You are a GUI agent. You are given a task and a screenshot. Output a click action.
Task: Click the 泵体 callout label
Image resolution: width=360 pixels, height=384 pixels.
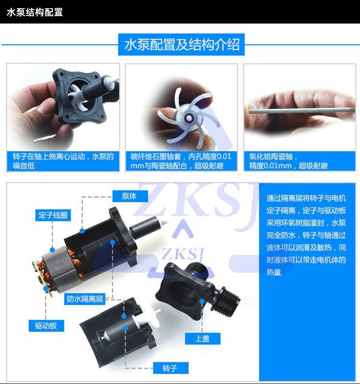(130, 196)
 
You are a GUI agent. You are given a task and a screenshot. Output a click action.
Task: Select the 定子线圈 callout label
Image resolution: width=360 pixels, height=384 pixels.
(53, 215)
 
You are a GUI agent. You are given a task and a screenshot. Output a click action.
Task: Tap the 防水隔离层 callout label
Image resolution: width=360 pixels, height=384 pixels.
(85, 299)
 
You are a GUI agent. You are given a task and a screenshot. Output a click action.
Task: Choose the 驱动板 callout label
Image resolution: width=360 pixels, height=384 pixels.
(46, 326)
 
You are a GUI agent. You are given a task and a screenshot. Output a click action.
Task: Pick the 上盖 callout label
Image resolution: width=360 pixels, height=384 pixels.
(203, 339)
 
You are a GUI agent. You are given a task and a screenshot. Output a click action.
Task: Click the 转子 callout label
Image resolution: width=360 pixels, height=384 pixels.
(171, 368)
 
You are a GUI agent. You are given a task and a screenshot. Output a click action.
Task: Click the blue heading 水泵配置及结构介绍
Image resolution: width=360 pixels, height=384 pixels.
(181, 45)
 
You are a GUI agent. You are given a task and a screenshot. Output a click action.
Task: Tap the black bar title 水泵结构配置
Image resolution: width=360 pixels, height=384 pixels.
(35, 12)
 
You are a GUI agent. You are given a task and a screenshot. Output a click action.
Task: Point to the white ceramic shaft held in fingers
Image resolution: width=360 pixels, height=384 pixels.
(302, 110)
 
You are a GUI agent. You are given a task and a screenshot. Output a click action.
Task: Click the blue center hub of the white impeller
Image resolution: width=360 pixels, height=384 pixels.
(189, 118)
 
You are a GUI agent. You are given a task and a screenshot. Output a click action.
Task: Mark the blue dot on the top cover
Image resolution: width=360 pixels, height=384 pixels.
(202, 301)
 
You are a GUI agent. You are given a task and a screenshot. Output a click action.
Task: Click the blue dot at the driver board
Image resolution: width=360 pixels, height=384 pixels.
(46, 288)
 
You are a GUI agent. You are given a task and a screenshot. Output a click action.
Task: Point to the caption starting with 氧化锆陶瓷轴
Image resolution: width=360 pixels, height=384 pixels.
(288, 161)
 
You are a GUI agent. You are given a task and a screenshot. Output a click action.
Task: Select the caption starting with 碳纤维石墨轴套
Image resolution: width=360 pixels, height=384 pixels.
(181, 161)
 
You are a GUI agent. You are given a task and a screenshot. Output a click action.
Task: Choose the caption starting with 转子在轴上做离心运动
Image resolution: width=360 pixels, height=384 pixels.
(63, 161)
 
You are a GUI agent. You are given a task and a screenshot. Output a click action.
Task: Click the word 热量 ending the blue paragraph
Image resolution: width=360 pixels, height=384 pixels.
(274, 272)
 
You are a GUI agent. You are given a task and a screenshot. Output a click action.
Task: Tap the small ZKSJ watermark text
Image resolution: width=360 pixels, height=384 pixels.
(182, 254)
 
